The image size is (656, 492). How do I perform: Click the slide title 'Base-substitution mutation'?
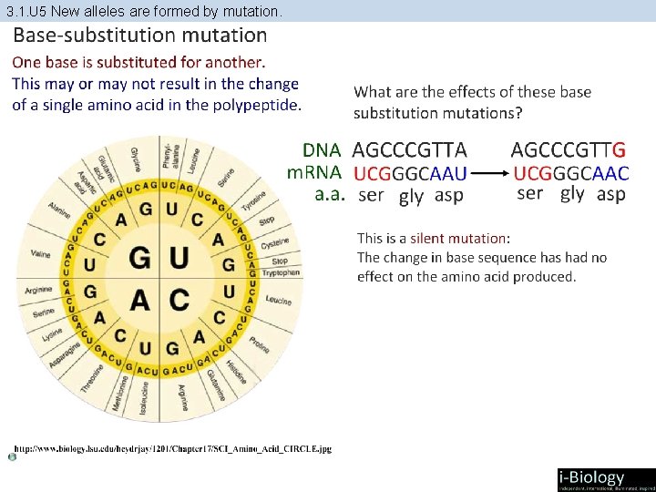139,36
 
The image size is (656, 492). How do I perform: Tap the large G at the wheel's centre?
139,259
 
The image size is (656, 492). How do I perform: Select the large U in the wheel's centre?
179,259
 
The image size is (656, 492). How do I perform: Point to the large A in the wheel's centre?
139,298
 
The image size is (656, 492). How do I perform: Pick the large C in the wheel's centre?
179,298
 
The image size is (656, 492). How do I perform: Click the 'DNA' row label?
322,149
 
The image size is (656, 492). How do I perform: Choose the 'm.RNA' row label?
314,172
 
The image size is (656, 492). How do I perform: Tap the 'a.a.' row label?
329,194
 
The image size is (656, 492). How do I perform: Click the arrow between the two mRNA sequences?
491,172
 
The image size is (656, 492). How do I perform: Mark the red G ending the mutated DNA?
620,149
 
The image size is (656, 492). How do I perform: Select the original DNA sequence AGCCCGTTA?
409,149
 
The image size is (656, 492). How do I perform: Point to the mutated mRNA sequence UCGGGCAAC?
571,172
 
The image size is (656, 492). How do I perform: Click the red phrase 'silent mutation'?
457,238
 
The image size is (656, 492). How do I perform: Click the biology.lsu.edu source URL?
172,448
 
